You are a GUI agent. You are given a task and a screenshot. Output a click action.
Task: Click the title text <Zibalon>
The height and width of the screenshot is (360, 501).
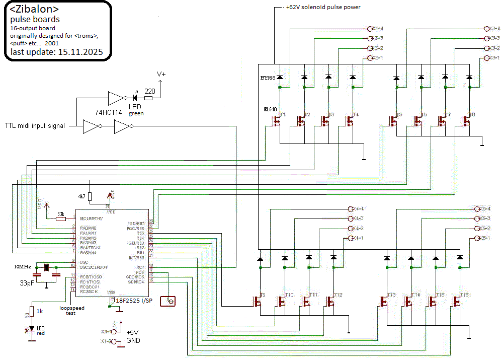click(x=34, y=10)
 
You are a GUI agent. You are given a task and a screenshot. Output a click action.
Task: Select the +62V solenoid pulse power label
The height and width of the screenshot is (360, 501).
click(x=323, y=7)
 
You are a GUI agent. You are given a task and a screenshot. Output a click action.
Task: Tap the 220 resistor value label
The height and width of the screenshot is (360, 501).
click(x=150, y=91)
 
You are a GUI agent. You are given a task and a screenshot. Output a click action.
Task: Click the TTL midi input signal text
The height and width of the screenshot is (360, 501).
click(x=35, y=125)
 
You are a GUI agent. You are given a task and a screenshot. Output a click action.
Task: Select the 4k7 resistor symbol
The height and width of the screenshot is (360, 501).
click(x=90, y=196)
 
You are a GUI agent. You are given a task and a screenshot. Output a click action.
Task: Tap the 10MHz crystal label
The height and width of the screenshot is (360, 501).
click(x=23, y=266)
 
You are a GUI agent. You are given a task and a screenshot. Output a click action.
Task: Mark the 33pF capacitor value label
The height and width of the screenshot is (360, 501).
click(x=27, y=283)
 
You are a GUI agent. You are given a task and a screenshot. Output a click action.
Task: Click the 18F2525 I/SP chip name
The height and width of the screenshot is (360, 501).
click(x=135, y=301)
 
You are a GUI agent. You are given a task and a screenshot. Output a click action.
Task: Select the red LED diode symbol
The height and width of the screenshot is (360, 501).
click(x=32, y=329)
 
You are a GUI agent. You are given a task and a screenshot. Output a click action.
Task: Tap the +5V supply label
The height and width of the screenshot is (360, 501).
click(x=132, y=332)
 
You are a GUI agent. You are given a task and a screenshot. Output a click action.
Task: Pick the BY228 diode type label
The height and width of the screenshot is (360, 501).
click(x=268, y=77)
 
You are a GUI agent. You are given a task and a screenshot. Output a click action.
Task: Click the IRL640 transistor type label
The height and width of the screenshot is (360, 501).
click(x=271, y=109)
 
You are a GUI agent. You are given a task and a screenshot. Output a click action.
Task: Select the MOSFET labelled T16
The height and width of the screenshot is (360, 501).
click(x=457, y=302)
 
